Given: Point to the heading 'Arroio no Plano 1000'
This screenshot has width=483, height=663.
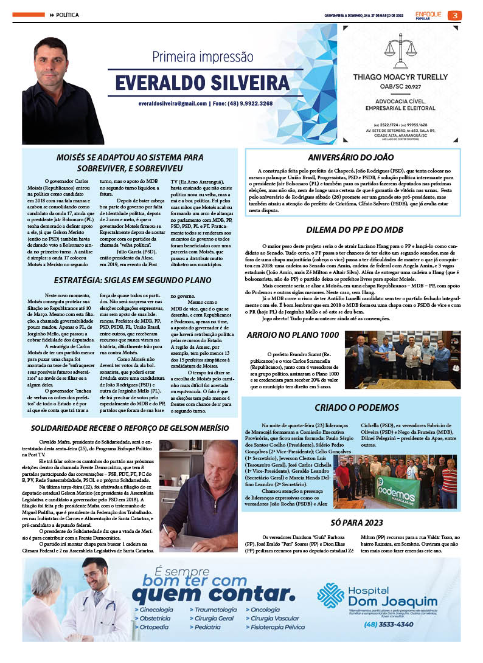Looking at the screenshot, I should coord(292,335).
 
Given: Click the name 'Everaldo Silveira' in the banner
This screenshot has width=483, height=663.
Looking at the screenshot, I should coord(203,83).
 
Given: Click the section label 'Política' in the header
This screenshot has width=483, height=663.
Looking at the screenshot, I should coord(67,15).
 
